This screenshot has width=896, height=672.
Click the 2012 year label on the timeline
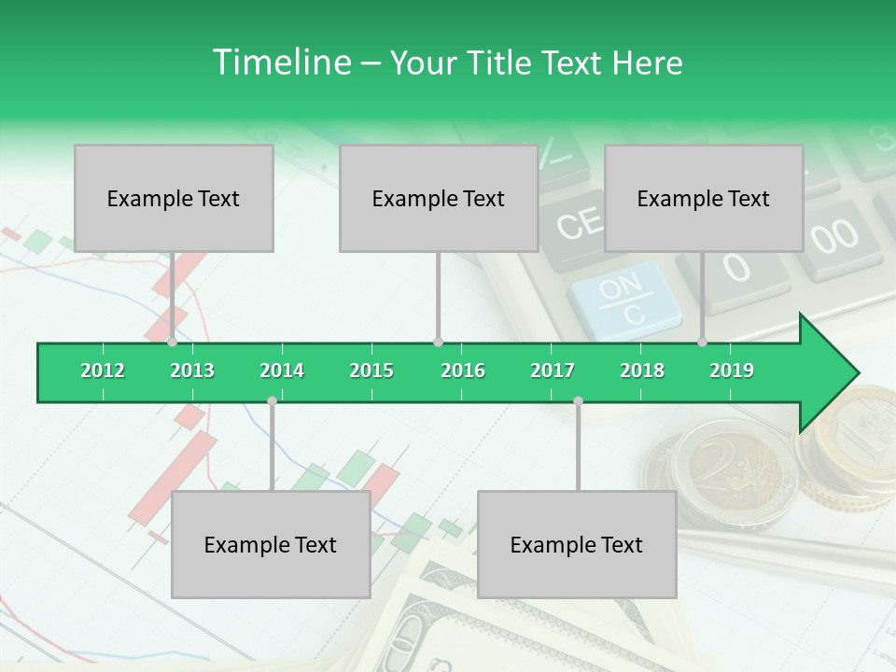coord(103,371)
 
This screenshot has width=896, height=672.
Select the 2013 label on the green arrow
coord(192,371)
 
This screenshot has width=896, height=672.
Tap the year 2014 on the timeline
coord(282,371)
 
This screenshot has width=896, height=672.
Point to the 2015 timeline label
coord(371,371)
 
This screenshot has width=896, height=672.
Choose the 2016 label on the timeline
coord(463,371)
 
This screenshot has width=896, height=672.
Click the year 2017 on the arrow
coord(553,371)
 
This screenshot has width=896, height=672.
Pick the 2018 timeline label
coord(642,371)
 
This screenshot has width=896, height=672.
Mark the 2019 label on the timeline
coord(732,371)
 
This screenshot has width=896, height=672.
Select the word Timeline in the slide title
coord(280,63)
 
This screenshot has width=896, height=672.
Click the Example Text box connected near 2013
coord(174,198)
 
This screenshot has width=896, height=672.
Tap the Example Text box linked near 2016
coord(439,198)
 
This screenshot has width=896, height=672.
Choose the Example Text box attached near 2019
coord(704,198)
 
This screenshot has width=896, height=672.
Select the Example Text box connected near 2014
coord(271,544)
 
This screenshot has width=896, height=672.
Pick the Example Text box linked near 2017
coord(577,544)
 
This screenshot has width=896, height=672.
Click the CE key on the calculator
coord(580,225)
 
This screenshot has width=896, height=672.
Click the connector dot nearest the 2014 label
coord(272,400)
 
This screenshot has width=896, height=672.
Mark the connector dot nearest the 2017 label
coord(578,400)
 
